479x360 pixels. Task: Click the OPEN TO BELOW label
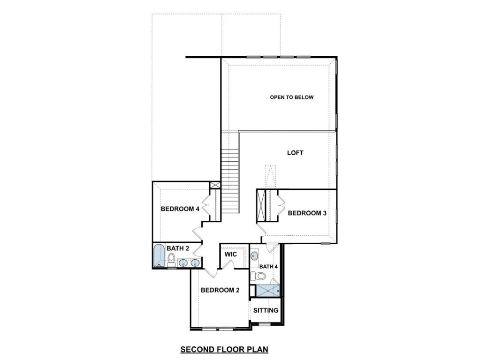[x=291, y=97]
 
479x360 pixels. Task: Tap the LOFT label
[x=295, y=153]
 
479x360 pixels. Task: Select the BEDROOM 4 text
[x=180, y=209]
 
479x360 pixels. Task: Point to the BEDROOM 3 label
[x=307, y=213]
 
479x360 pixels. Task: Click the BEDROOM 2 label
[x=220, y=290]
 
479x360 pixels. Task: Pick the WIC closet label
[x=231, y=254]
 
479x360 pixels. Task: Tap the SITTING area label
[x=266, y=310]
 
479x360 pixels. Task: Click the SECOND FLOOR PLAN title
[x=224, y=349]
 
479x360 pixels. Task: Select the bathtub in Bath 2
[x=159, y=255]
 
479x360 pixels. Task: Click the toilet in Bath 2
[x=172, y=260]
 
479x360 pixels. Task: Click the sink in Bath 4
[x=254, y=256]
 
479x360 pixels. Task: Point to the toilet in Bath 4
[x=255, y=276]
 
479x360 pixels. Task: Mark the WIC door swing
[x=228, y=264]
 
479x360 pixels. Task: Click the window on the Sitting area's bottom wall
[x=265, y=324]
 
